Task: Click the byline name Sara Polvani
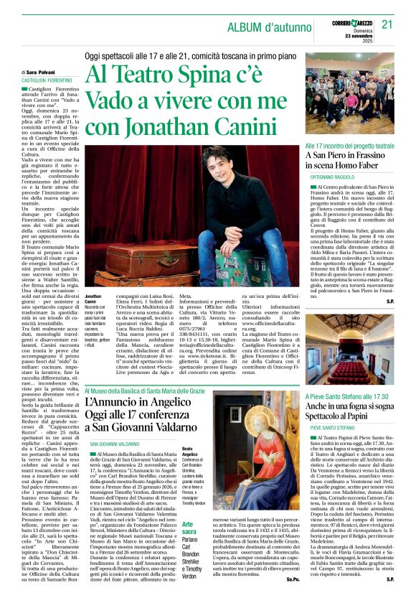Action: [x=44, y=73]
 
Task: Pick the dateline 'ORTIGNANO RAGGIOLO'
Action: [x=333, y=176]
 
